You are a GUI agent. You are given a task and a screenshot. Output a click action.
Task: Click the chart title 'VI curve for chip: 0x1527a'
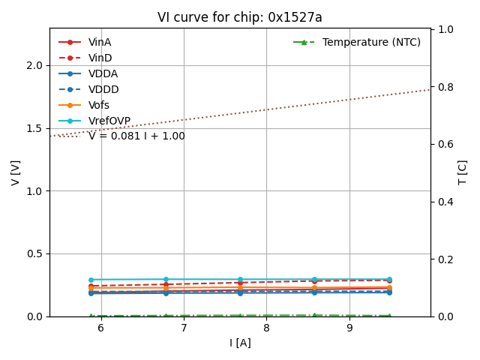coord(240,17)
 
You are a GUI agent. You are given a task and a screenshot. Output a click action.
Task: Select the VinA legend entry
coord(99,42)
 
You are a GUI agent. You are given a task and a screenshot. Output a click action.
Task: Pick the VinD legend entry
coord(100,58)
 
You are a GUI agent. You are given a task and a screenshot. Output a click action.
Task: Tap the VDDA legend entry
coord(103,73)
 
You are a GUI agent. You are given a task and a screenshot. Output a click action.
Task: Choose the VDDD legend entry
coord(103,89)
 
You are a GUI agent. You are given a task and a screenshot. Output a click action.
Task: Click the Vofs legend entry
coord(98,105)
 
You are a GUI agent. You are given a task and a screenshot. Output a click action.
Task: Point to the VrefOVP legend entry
coord(109,121)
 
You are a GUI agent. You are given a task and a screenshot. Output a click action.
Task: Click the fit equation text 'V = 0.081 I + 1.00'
coord(136,136)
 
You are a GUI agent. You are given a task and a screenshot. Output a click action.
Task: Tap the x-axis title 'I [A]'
coord(240,343)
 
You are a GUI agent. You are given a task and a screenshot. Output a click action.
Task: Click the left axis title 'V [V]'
coord(16,172)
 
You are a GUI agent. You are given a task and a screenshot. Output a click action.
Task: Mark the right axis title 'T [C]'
coord(463,172)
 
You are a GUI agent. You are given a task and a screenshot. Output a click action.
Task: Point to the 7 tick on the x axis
coord(184,328)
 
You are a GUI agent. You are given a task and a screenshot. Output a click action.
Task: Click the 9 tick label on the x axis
coord(349,328)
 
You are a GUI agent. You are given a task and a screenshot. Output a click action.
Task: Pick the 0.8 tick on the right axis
coord(445,87)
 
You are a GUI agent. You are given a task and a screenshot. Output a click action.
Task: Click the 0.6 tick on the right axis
coord(445,144)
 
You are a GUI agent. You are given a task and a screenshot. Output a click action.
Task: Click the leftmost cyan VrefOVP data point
coord(91,280)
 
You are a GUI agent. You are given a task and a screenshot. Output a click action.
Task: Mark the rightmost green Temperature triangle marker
coord(389,316)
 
